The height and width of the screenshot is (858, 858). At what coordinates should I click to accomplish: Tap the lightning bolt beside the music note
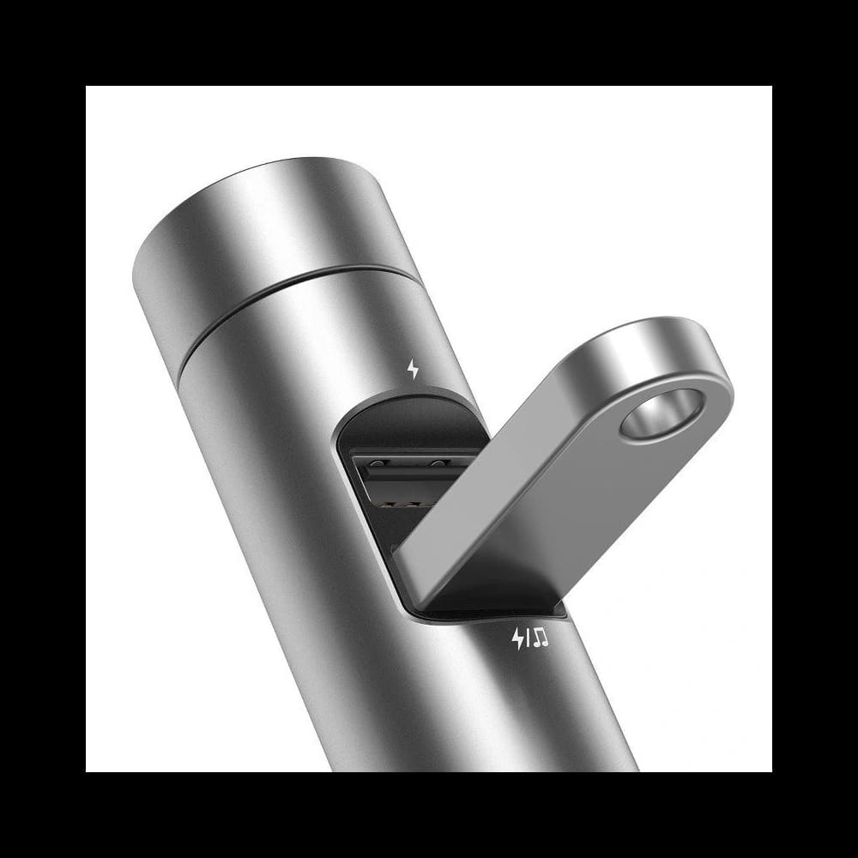tap(518, 638)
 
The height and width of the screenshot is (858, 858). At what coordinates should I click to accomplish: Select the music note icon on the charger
tap(541, 637)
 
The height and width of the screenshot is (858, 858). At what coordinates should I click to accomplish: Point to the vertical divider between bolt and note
tap(529, 638)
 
